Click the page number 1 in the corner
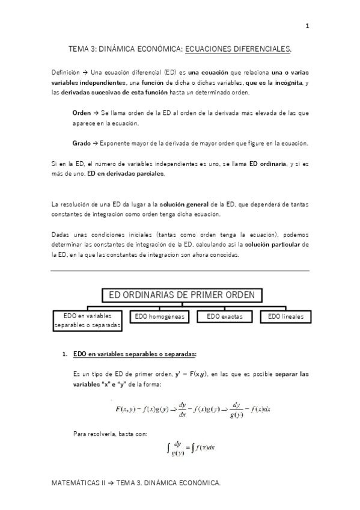pyautogui.click(x=307, y=25)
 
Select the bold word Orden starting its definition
pyautogui.click(x=81, y=112)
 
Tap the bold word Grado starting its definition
pyautogui.click(x=81, y=143)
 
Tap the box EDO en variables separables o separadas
pyautogui.click(x=88, y=321)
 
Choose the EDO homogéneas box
pyautogui.click(x=157, y=316)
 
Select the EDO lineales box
pyautogui.click(x=286, y=316)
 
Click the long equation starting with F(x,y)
pyautogui.click(x=192, y=410)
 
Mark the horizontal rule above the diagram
pyautogui.click(x=180, y=271)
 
